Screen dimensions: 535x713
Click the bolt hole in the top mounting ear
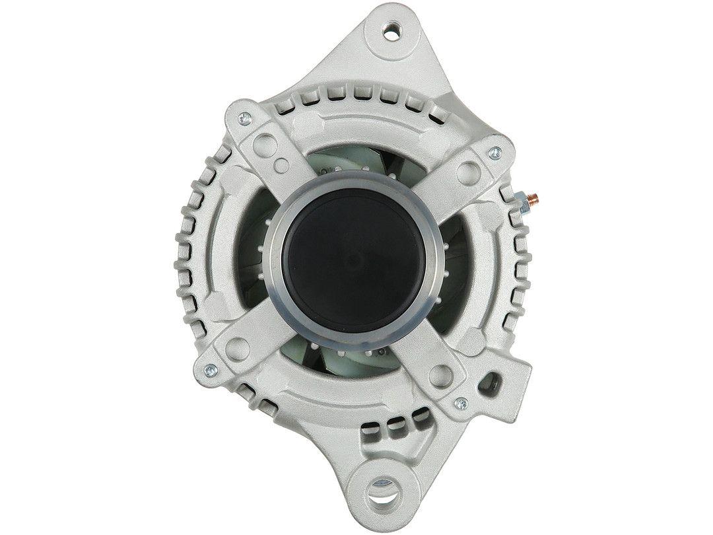pyautogui.click(x=395, y=29)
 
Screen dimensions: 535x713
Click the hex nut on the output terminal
pyautogui.click(x=522, y=200)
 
